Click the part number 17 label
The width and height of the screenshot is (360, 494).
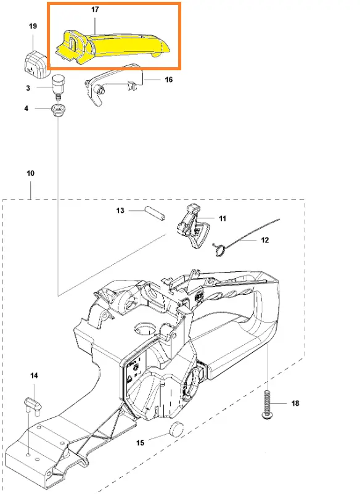95,9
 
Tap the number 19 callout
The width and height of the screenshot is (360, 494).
33,26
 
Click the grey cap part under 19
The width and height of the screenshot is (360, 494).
36,64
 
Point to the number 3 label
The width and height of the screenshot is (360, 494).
28,88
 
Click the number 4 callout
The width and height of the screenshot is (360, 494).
26,109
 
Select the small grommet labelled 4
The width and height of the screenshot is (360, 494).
57,110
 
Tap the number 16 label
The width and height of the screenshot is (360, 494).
169,80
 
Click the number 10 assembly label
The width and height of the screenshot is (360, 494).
31,173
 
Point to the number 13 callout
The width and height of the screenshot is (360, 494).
120,210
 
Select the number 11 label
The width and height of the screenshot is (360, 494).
223,219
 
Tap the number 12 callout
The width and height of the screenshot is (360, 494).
265,241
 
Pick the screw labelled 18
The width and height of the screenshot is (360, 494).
267,405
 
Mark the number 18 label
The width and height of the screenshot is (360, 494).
295,403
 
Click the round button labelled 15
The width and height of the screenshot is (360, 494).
177,429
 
